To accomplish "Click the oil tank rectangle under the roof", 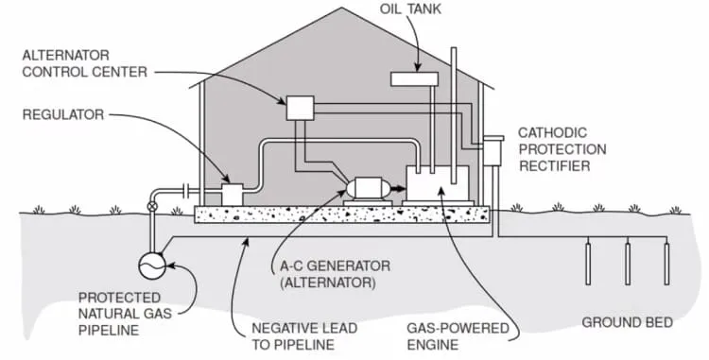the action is (414, 79).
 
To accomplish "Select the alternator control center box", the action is (301, 108).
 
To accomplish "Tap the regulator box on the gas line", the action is (233, 195).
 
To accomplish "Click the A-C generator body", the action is (368, 188).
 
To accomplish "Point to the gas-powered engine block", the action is (438, 183).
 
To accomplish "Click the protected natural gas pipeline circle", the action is (152, 266).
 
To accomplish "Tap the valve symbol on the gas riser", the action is (153, 207).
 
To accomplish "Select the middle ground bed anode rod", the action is (628, 264).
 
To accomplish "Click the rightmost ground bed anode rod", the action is (666, 264).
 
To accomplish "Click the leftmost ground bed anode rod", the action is (588, 264).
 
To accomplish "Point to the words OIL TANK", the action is (410, 9).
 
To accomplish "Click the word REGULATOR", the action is (63, 114).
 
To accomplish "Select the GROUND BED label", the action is (627, 322).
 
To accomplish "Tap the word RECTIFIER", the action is (555, 165).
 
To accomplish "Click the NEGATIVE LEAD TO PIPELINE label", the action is (304, 336).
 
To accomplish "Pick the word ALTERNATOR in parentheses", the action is (328, 283).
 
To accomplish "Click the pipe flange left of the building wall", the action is (186, 191).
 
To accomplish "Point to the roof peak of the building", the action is (342, 8).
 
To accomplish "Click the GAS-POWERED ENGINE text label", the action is (458, 336).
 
